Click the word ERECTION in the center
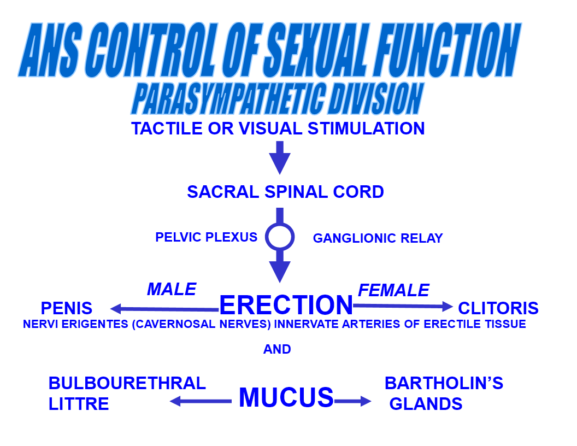pos(286,305)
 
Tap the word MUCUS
pos(286,397)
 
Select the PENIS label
pos(67,308)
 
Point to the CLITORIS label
pos(498,308)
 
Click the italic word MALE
pos(172,289)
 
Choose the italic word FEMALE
pos(393,290)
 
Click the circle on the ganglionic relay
pos(280,237)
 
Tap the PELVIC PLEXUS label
pos(206,237)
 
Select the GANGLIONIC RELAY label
pos(378,238)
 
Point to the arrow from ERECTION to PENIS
pos(164,309)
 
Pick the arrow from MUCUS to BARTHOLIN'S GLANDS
pos(352,402)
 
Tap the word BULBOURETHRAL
pos(127,383)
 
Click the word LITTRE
pos(79,404)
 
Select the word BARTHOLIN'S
pos(444,383)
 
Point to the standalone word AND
pos(277,349)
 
